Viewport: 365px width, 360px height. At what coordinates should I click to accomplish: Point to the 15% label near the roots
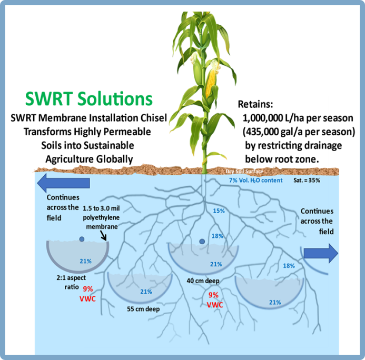coord(219,211)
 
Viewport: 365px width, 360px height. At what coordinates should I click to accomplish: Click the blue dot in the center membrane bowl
coord(202,242)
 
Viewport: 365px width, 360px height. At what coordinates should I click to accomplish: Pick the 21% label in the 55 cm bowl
coord(146,292)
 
